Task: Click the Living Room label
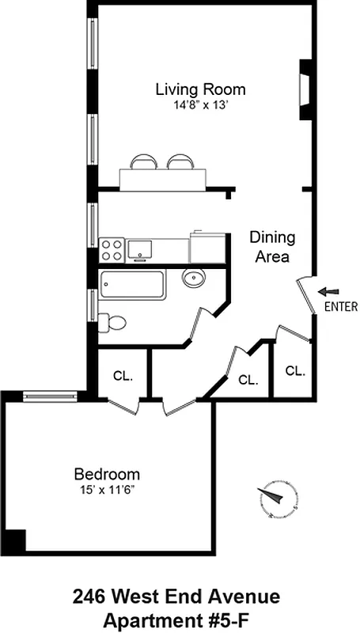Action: pyautogui.click(x=200, y=89)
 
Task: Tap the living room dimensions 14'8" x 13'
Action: pyautogui.click(x=200, y=104)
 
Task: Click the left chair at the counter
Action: pyautogui.click(x=143, y=161)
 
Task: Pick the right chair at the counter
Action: pyautogui.click(x=180, y=161)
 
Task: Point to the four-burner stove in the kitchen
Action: pyautogui.click(x=112, y=250)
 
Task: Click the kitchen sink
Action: pyautogui.click(x=141, y=249)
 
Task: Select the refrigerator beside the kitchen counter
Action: pyautogui.click(x=207, y=246)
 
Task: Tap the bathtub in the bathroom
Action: pyautogui.click(x=132, y=285)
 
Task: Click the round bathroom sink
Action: pyautogui.click(x=193, y=278)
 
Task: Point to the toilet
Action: pyautogui.click(x=112, y=323)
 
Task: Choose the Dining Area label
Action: pyautogui.click(x=272, y=247)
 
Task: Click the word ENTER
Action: pyautogui.click(x=341, y=307)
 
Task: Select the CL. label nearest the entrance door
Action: pyautogui.click(x=294, y=370)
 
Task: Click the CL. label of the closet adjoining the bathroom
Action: pyautogui.click(x=122, y=375)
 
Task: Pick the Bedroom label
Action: pyautogui.click(x=107, y=475)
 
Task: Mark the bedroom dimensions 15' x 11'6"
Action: pyautogui.click(x=107, y=490)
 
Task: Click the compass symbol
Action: pyautogui.click(x=275, y=498)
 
